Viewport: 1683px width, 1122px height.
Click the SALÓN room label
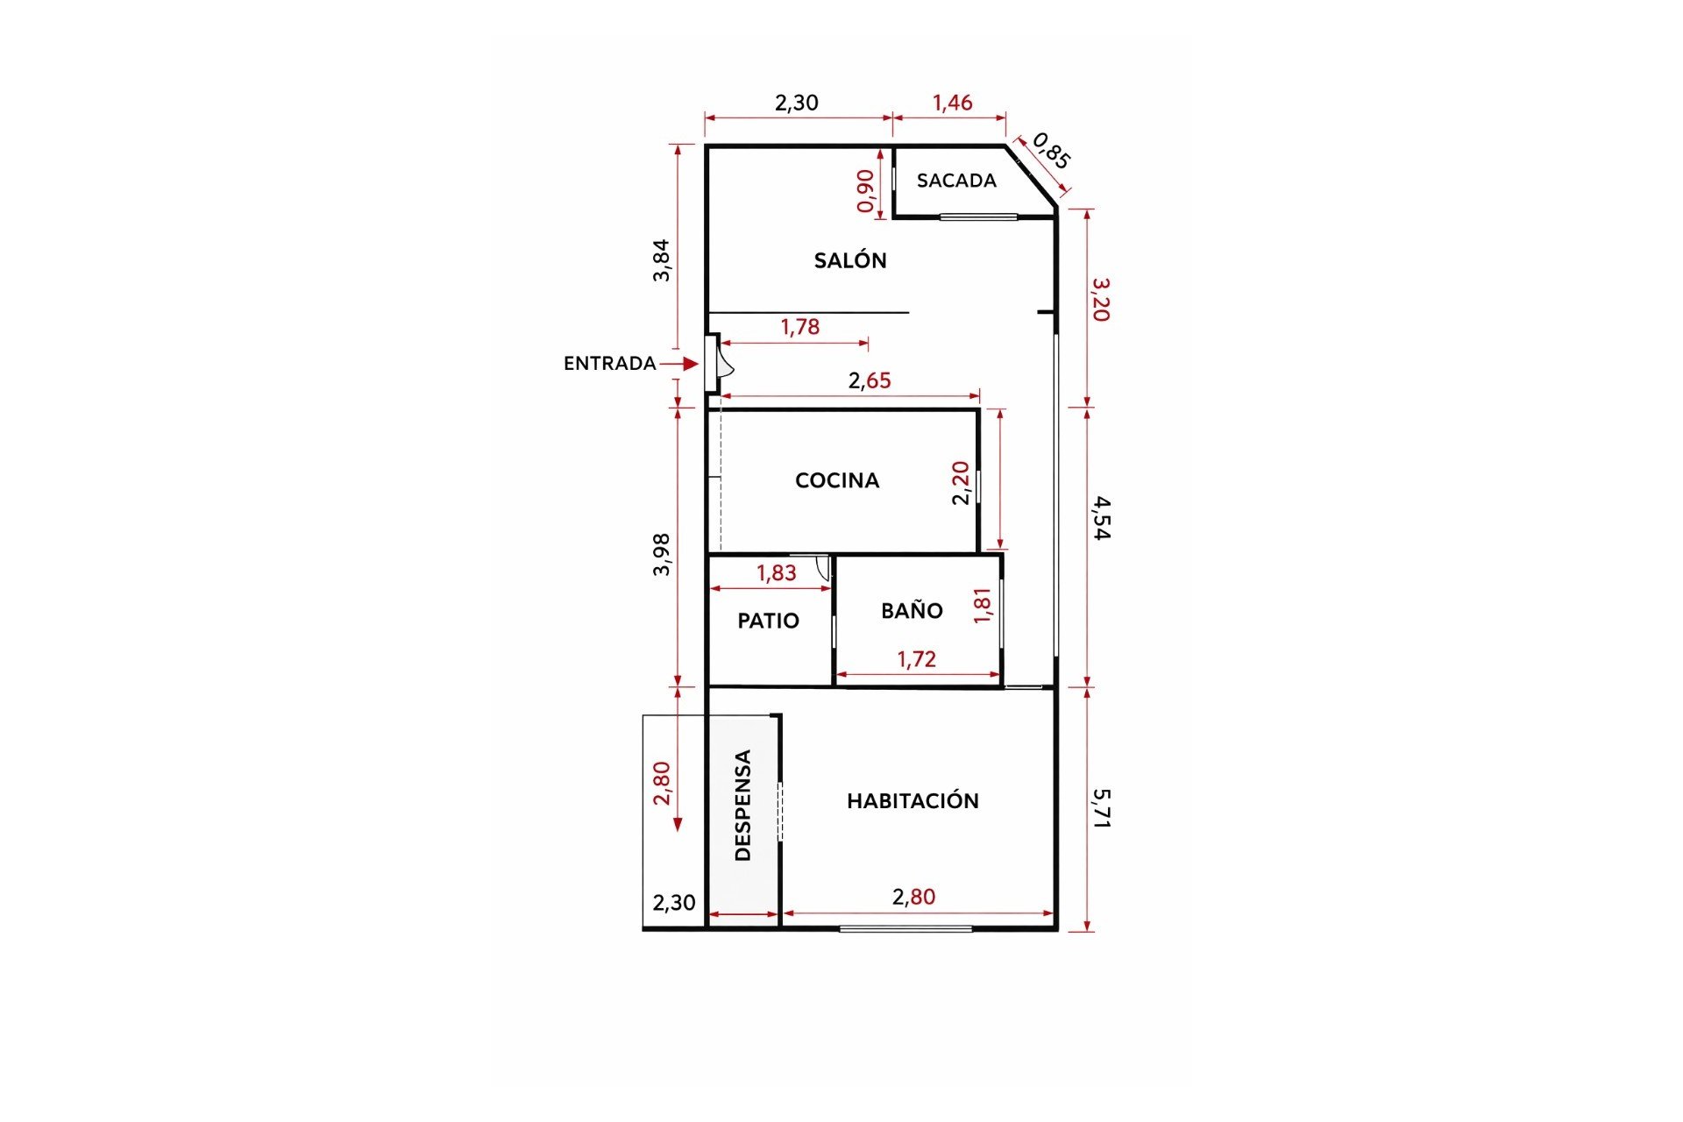click(x=849, y=260)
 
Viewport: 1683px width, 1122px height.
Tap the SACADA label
click(x=956, y=181)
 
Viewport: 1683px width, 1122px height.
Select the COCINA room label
click(x=836, y=480)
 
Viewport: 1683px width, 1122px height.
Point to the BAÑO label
click(x=912, y=611)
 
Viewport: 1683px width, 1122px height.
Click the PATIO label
click(x=768, y=621)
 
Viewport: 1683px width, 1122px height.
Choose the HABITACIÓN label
click(x=913, y=800)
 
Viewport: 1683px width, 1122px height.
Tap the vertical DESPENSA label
click(x=742, y=805)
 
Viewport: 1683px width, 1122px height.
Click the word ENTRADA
click(x=609, y=363)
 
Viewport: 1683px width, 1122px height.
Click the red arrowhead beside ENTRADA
click(x=691, y=363)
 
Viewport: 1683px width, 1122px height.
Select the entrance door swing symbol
click(x=723, y=363)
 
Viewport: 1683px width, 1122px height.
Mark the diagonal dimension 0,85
click(x=1051, y=151)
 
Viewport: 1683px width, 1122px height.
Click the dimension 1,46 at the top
click(x=952, y=103)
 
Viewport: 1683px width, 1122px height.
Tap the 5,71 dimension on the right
click(x=1102, y=808)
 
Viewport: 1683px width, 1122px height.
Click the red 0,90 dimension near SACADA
click(x=865, y=190)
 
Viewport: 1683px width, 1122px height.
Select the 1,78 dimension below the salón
click(x=799, y=327)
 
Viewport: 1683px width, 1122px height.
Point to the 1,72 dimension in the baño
click(x=916, y=659)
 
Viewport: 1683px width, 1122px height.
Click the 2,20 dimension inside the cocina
click(x=961, y=482)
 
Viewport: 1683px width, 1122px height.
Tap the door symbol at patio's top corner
click(x=822, y=567)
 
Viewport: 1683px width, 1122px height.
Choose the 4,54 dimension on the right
click(x=1102, y=517)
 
